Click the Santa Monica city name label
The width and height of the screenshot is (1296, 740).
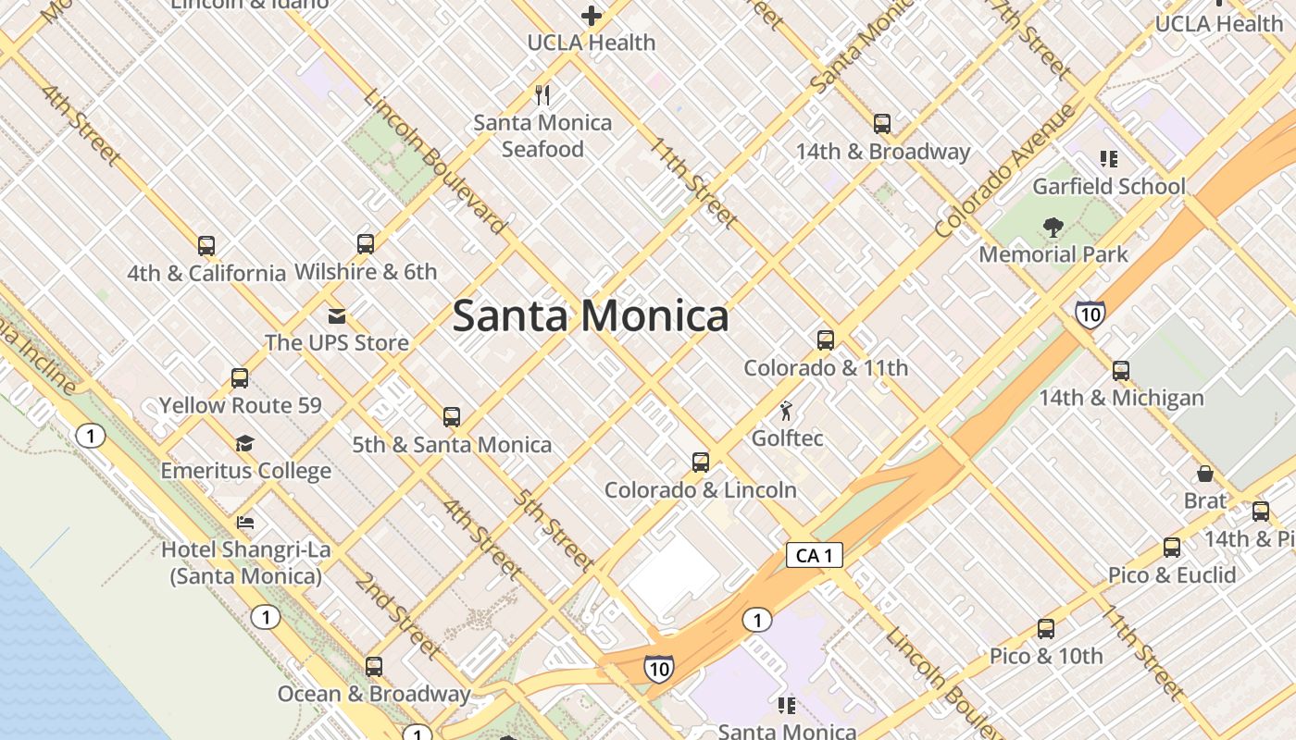pyautogui.click(x=591, y=316)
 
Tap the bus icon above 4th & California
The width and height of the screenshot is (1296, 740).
pyautogui.click(x=206, y=246)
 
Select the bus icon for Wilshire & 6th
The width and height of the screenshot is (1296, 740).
pyautogui.click(x=366, y=244)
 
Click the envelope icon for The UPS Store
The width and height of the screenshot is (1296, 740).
pyautogui.click(x=337, y=316)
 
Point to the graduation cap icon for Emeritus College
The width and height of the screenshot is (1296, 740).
pyautogui.click(x=244, y=444)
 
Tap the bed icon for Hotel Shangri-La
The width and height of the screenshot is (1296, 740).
pyautogui.click(x=245, y=523)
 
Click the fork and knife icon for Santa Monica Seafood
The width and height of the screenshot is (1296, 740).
pyautogui.click(x=543, y=94)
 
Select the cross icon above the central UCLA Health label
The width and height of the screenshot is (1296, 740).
pyautogui.click(x=592, y=16)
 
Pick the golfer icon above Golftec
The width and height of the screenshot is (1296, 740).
pyautogui.click(x=787, y=411)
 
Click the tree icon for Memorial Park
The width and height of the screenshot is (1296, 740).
pyautogui.click(x=1053, y=227)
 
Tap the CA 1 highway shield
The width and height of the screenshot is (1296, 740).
pyautogui.click(x=815, y=555)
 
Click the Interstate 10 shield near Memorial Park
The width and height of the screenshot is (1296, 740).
pyautogui.click(x=1090, y=314)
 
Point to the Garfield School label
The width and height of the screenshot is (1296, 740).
pyautogui.click(x=1108, y=186)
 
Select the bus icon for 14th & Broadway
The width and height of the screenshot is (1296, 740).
pyautogui.click(x=882, y=123)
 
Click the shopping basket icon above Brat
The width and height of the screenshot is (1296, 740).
pyautogui.click(x=1205, y=474)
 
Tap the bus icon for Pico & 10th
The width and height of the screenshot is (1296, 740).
pyautogui.click(x=1046, y=629)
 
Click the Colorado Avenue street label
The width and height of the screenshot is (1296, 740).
pyautogui.click(x=1006, y=172)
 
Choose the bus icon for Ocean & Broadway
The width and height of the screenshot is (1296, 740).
pyautogui.click(x=374, y=666)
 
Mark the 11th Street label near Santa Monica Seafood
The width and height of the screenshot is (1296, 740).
pyautogui.click(x=692, y=182)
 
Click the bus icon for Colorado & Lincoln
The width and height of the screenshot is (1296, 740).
pyautogui.click(x=701, y=462)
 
